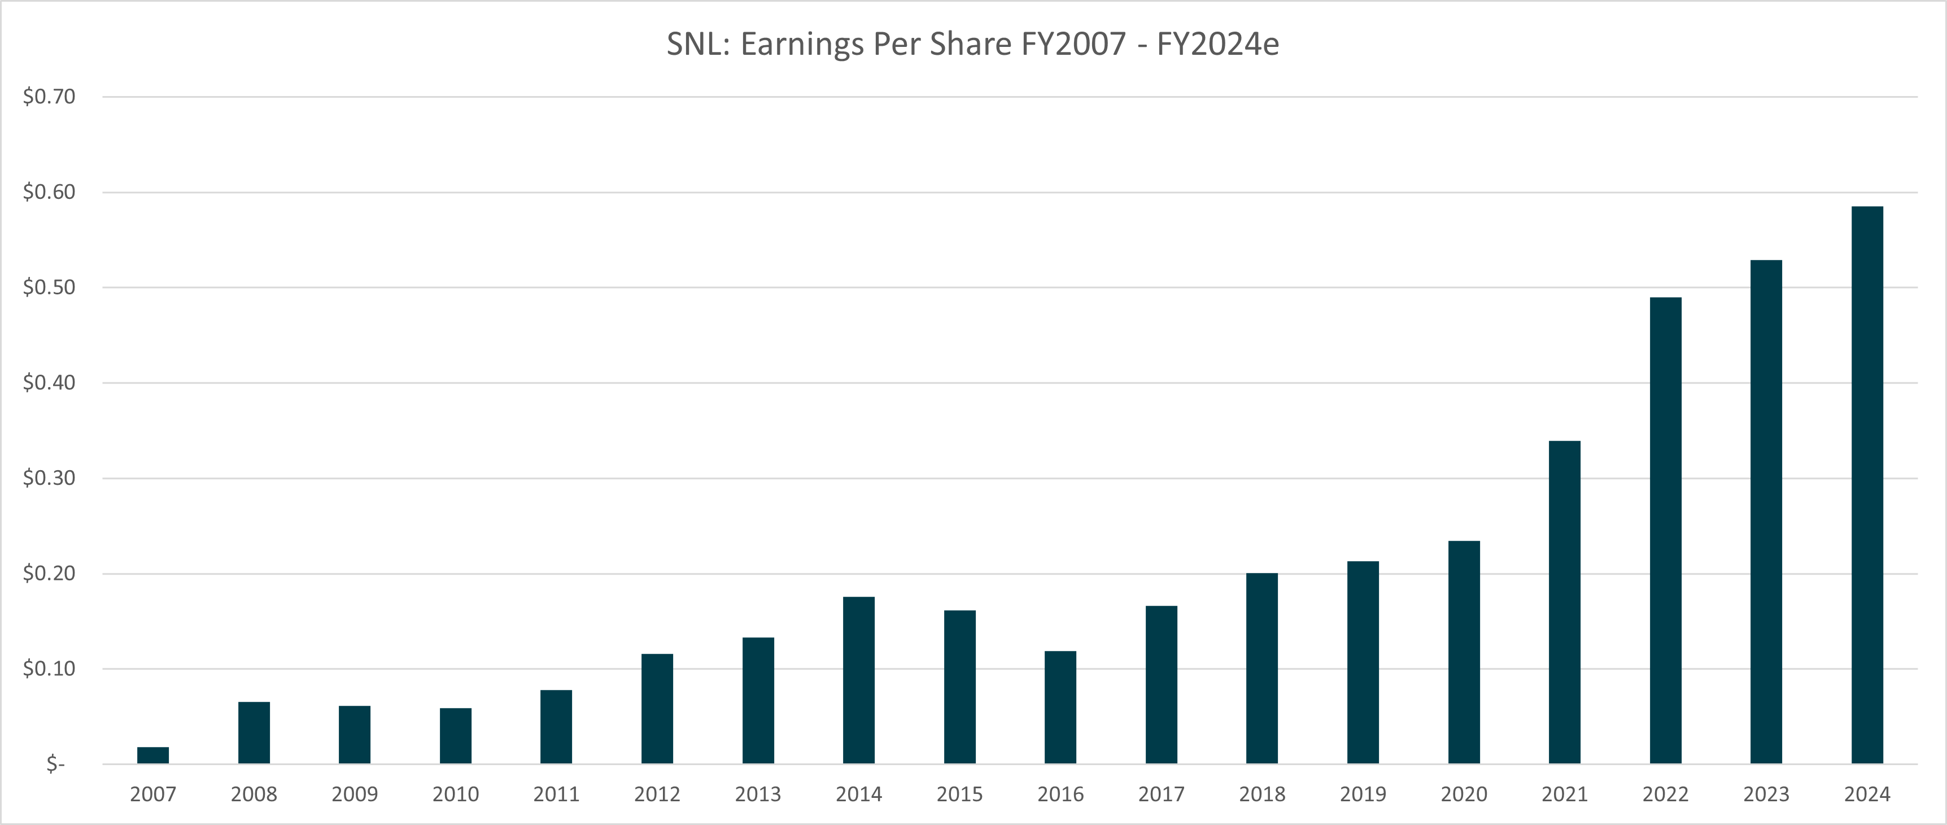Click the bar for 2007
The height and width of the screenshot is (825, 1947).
[x=152, y=755]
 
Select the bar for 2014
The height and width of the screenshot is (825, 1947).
[x=859, y=680]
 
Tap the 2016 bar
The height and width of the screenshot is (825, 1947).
[x=1060, y=707]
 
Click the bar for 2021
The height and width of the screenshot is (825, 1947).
[x=1565, y=602]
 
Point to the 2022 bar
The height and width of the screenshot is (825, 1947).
[x=1665, y=530]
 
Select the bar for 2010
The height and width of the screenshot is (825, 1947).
[x=456, y=735]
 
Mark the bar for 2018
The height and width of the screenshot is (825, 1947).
[x=1262, y=668]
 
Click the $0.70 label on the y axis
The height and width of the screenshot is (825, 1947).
[x=49, y=96]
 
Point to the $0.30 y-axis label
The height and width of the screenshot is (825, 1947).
[x=49, y=478]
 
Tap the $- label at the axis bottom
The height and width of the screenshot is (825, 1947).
[x=56, y=764]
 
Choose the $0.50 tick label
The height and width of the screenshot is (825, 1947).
[x=49, y=288]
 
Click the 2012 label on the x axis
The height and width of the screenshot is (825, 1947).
[x=657, y=794]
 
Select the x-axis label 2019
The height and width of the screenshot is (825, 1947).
[x=1363, y=794]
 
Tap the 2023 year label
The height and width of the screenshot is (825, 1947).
[x=1766, y=794]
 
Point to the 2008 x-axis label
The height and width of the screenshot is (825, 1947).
[x=254, y=794]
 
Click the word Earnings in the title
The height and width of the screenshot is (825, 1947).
[x=802, y=45]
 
